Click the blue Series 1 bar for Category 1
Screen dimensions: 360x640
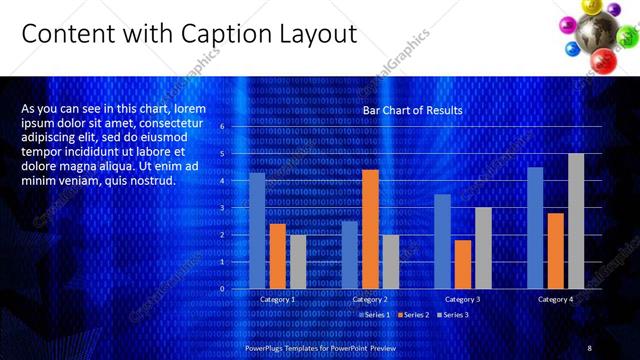257,230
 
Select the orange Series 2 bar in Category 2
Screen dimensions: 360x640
370,229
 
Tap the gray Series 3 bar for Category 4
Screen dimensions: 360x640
576,221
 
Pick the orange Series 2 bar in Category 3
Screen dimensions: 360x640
463,264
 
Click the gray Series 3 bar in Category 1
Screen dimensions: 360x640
298,261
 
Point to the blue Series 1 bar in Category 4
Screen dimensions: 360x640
535,227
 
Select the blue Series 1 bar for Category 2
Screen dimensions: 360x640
350,254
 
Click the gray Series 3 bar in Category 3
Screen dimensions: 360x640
483,247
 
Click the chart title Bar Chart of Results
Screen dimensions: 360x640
412,110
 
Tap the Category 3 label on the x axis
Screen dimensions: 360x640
463,299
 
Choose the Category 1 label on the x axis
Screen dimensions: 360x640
277,299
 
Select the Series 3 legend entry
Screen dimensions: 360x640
452,315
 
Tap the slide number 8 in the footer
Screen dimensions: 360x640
589,347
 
